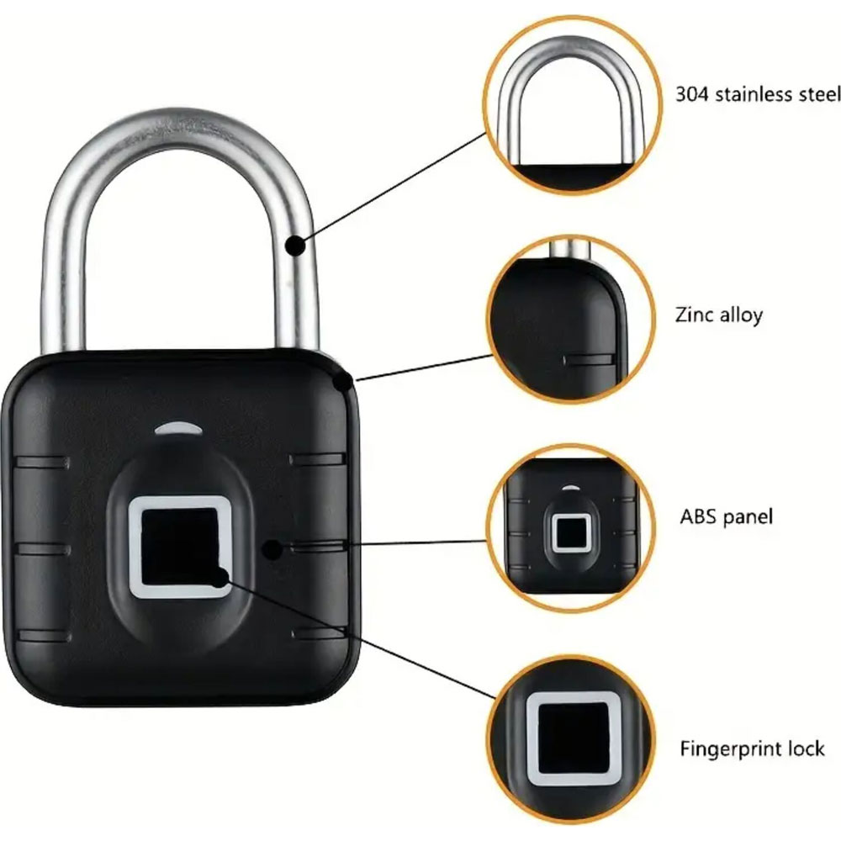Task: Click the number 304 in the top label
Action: click(x=691, y=94)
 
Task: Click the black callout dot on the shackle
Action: click(x=295, y=246)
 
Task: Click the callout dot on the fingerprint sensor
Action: click(x=219, y=579)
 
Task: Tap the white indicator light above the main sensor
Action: click(x=178, y=428)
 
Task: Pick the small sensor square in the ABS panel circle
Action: click(x=571, y=532)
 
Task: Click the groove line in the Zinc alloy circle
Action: click(x=587, y=359)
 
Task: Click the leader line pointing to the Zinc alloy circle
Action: click(x=424, y=368)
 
